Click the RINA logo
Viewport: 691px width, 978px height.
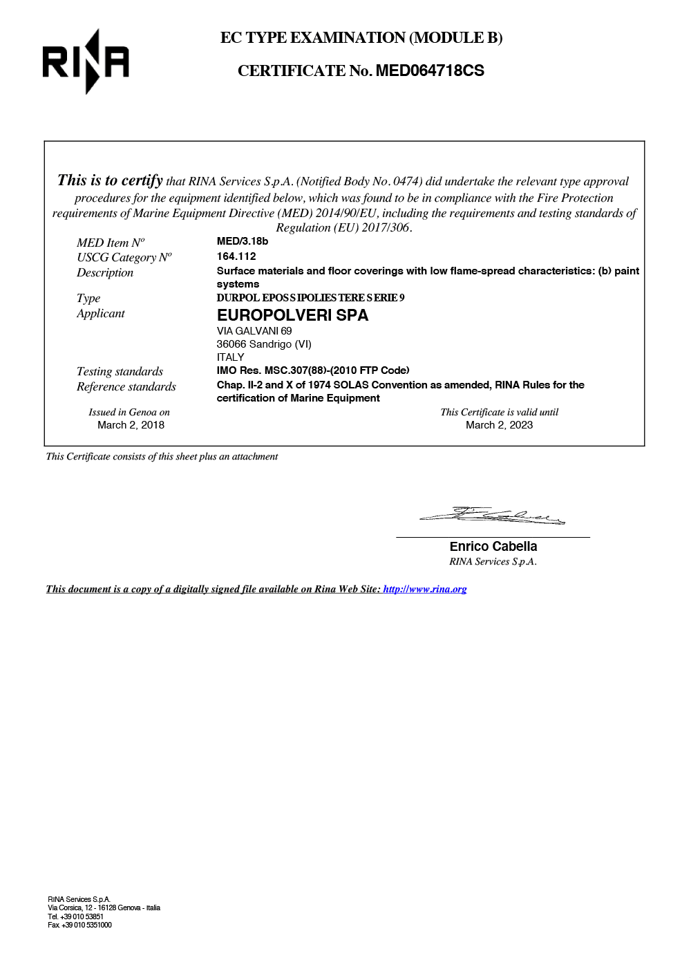(x=86, y=62)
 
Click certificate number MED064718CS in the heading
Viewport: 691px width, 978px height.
(x=429, y=71)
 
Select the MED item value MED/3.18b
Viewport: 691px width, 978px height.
(x=242, y=241)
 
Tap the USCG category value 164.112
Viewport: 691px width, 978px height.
(x=236, y=256)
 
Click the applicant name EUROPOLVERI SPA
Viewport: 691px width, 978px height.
(x=292, y=315)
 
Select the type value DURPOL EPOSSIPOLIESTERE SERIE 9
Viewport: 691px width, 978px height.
(x=310, y=298)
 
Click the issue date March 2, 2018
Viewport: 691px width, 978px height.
(x=131, y=425)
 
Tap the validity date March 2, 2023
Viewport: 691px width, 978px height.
(x=499, y=425)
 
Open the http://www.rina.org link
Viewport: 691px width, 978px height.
(x=425, y=590)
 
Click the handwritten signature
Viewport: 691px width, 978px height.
(x=492, y=516)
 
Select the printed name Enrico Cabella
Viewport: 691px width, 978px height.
(x=493, y=547)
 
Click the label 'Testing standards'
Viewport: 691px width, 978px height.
(x=120, y=372)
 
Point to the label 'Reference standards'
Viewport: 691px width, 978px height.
(x=126, y=387)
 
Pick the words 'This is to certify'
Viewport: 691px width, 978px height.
(x=110, y=181)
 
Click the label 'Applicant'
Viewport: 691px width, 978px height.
(x=100, y=314)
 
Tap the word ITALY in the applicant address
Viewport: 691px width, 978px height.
(x=230, y=357)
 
